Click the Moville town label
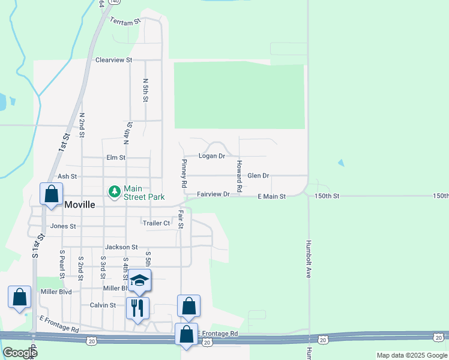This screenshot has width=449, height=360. click(79, 205)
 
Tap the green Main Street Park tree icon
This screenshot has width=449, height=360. click(113, 191)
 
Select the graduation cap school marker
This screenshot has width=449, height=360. click(139, 281)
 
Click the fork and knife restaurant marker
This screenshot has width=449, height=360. click(137, 308)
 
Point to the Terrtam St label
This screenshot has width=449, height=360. click(125, 20)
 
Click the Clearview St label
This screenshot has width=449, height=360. click(113, 61)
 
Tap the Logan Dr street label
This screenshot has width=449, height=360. click(212, 156)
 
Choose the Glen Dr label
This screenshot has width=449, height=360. click(258, 176)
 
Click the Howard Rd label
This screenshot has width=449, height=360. click(239, 176)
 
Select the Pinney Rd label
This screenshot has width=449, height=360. click(184, 172)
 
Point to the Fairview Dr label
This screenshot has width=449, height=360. click(214, 194)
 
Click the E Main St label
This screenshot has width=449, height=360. click(271, 196)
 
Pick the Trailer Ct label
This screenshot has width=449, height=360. click(156, 223)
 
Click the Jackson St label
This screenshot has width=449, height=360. click(121, 247)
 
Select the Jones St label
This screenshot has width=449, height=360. click(63, 226)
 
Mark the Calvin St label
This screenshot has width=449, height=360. click(103, 305)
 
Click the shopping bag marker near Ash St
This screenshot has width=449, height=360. click(51, 194)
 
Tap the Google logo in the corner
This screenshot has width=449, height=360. click(19, 353)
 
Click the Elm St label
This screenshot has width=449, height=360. click(115, 158)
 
